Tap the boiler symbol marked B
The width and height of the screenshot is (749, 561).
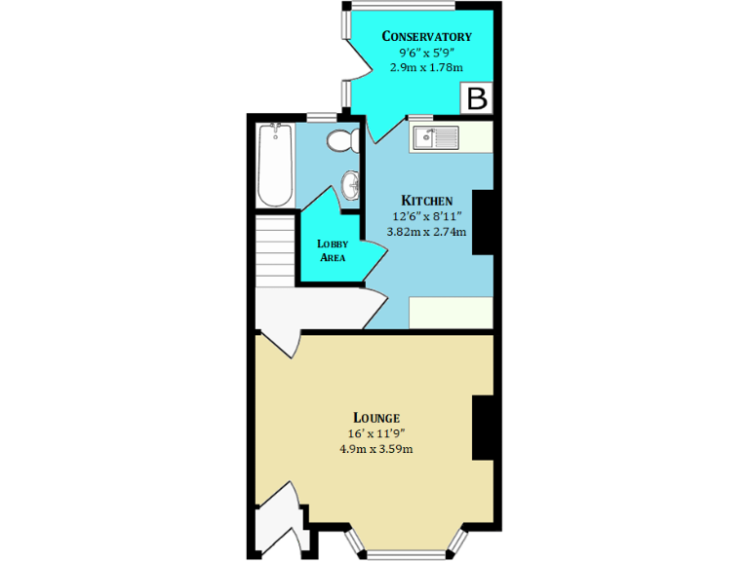477,98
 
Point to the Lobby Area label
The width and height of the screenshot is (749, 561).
332,250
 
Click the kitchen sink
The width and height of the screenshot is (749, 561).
434,137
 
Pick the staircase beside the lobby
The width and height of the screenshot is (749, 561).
275,250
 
